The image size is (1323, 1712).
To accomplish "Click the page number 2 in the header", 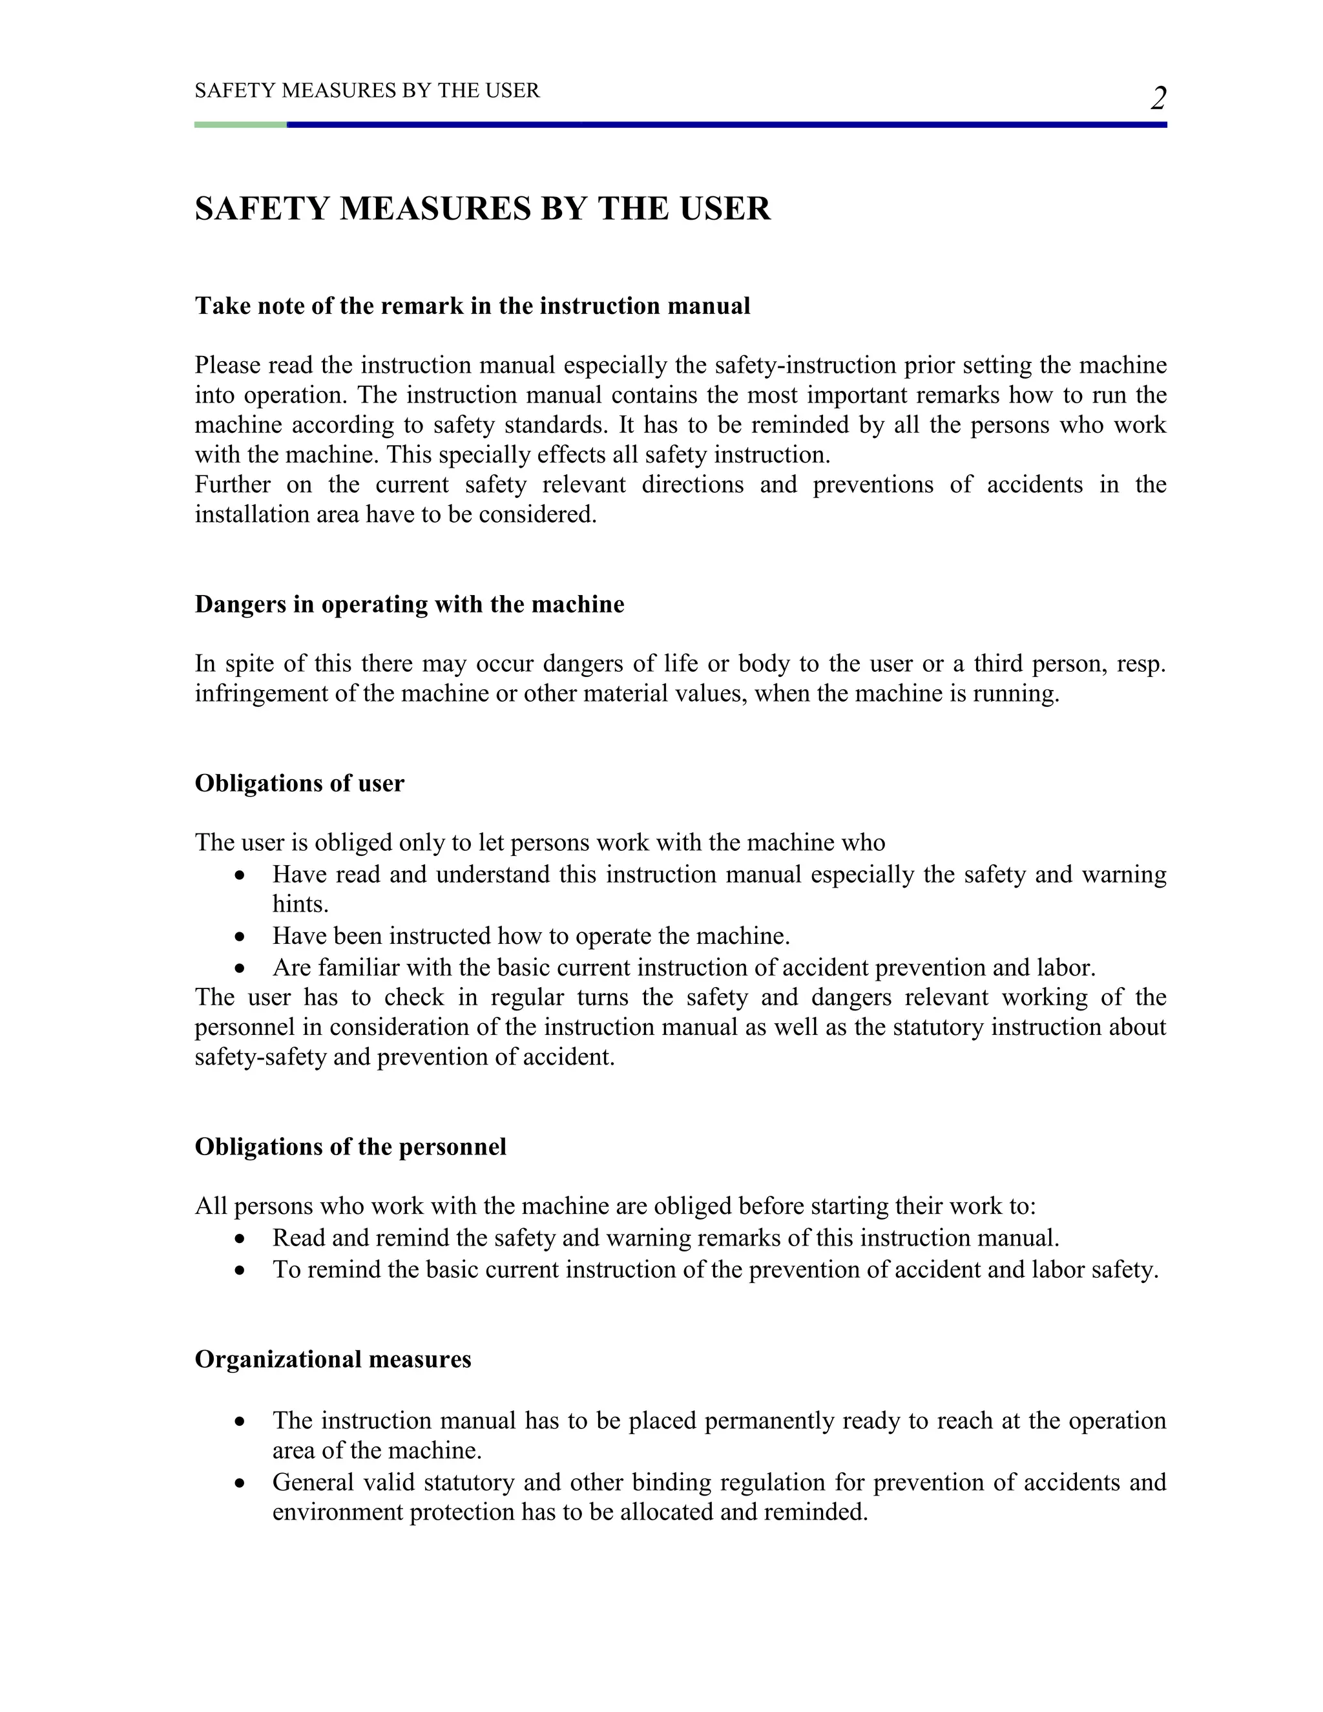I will point(1158,99).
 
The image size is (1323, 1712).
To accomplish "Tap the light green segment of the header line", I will point(240,125).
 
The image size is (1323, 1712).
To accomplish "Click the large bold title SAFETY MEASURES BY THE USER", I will point(483,209).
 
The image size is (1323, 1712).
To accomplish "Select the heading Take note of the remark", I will point(472,306).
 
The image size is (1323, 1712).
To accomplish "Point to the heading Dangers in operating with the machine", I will point(409,605).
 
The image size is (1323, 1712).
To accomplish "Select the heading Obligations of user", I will point(299,783).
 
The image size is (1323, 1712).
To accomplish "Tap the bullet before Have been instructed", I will point(240,937).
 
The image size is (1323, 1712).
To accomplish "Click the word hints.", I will point(300,904).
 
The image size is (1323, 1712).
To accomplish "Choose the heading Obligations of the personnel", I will point(350,1147).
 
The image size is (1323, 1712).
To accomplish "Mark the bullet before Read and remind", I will point(240,1238).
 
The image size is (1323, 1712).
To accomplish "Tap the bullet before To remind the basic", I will point(240,1270).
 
